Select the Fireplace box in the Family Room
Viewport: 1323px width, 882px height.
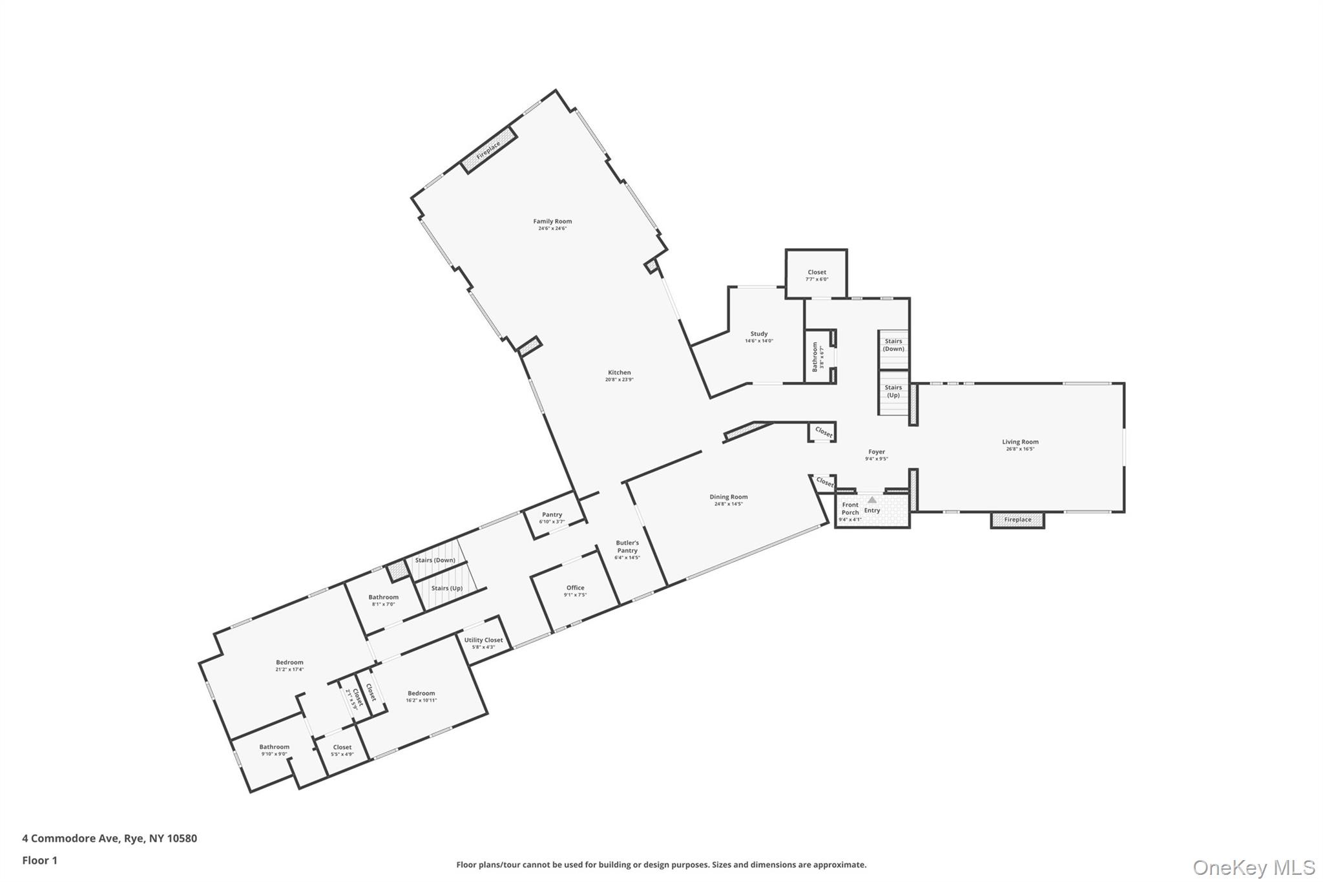tap(489, 150)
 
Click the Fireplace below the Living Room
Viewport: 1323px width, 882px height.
tap(1017, 520)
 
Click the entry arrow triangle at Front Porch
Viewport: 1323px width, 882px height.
tap(872, 499)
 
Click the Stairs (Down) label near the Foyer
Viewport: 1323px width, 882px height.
tap(893, 344)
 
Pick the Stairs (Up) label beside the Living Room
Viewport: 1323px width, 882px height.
tap(893, 391)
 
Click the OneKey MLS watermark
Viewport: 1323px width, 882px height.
tap(1253, 866)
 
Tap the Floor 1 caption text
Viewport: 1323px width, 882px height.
tap(40, 860)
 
